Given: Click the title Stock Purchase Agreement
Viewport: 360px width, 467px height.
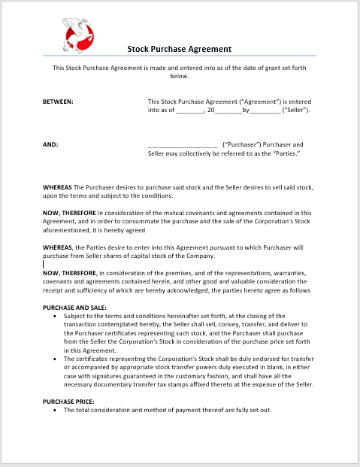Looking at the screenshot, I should [179, 49].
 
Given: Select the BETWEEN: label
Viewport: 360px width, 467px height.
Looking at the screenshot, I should [58, 102].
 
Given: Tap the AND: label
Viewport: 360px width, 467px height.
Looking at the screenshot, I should [50, 144].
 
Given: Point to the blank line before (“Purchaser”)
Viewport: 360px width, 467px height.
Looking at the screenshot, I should [183, 145].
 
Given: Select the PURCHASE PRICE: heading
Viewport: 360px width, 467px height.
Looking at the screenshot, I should [68, 402].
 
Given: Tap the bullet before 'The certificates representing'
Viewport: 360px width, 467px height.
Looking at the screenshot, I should [57, 359].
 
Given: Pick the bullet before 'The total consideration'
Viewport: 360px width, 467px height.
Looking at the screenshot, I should [57, 411].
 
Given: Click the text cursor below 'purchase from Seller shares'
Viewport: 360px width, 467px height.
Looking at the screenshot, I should [44, 264].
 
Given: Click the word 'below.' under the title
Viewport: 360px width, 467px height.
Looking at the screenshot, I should [179, 76].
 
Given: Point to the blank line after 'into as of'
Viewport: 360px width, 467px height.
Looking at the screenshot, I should [190, 111].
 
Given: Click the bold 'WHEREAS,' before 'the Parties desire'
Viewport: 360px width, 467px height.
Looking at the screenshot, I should [59, 247].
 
